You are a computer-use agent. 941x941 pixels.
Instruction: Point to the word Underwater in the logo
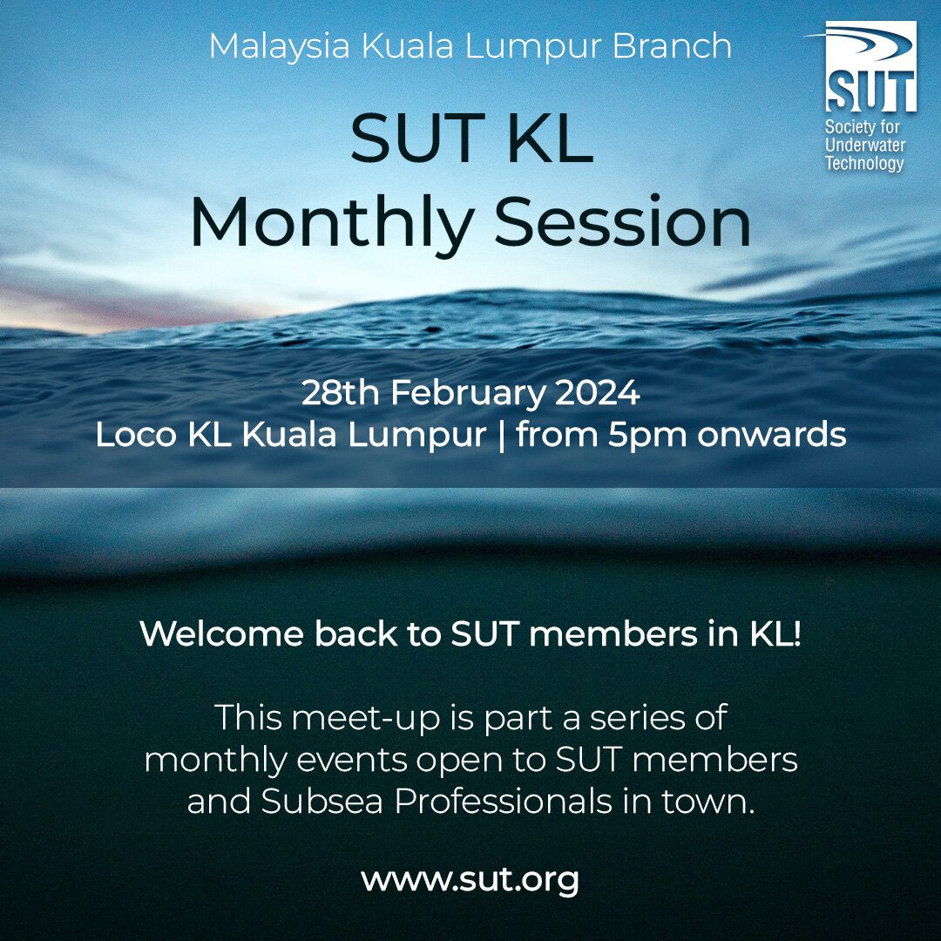(x=864, y=145)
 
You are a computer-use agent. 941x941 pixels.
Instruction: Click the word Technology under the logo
(x=864, y=162)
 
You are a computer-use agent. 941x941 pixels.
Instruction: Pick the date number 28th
(x=340, y=394)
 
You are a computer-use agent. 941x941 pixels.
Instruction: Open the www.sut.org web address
(x=470, y=879)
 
